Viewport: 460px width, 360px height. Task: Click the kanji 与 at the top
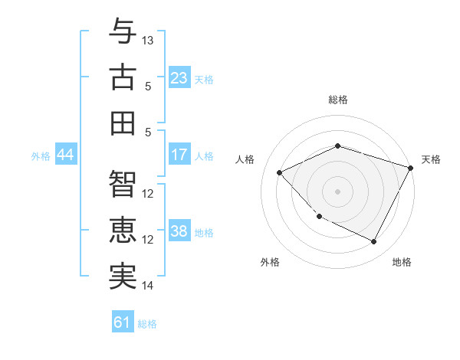tap(122, 31)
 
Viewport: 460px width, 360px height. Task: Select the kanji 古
tap(122, 77)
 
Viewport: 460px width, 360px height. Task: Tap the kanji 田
tap(122, 123)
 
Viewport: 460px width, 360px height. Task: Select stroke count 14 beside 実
tap(149, 286)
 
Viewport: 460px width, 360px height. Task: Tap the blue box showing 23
tap(179, 77)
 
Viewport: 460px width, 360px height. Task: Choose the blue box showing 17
tap(179, 155)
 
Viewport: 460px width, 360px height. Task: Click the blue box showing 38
tap(179, 231)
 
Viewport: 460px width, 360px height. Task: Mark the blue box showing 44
tap(65, 155)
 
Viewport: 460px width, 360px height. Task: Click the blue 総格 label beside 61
tap(147, 324)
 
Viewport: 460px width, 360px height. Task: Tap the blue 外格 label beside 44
tap(41, 155)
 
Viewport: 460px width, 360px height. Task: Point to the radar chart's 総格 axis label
tap(337, 100)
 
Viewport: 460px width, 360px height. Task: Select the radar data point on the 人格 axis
tap(280, 172)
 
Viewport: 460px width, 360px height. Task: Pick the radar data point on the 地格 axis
tap(373, 242)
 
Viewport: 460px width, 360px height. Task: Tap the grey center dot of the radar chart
tap(337, 191)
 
